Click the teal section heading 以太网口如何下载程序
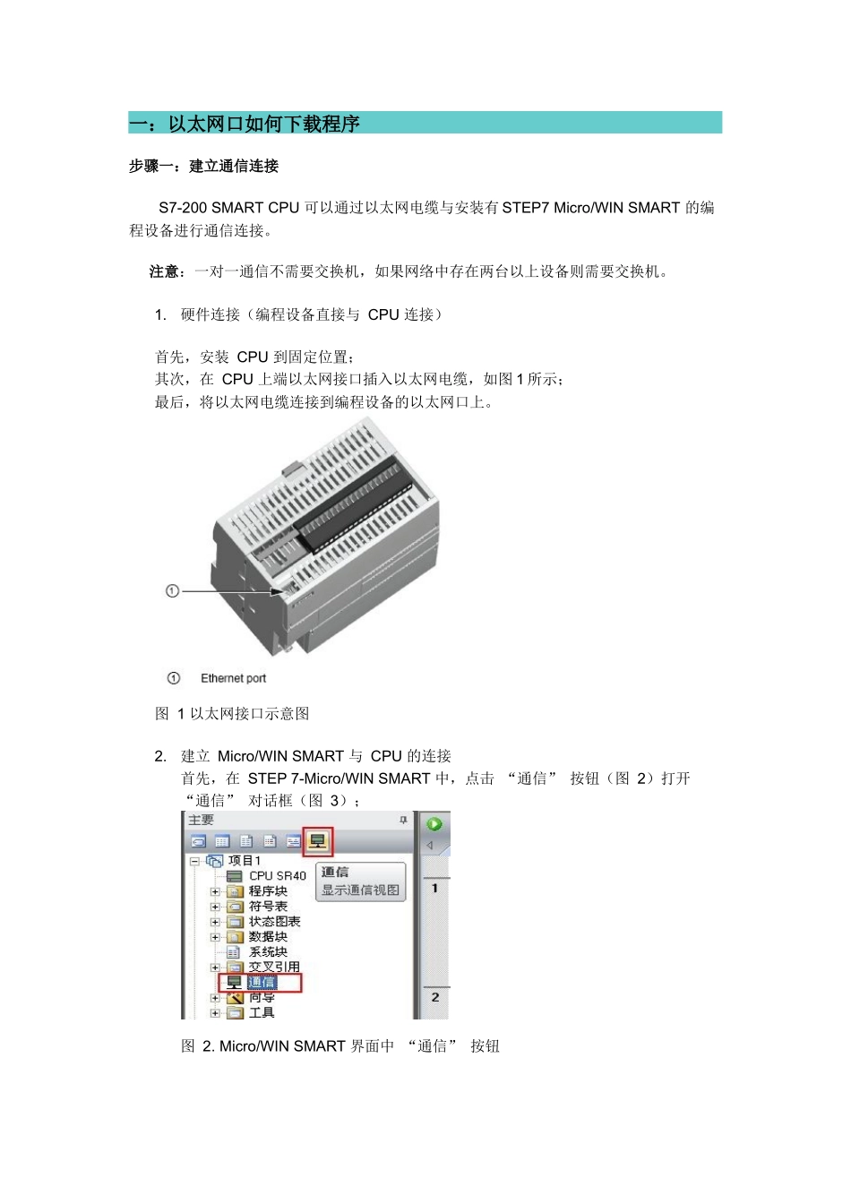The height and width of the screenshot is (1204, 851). click(x=264, y=124)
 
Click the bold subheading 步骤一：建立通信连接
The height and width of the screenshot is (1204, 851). click(x=203, y=166)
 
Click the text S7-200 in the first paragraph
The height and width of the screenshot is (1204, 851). click(x=183, y=208)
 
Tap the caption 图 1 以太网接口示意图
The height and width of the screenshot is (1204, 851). click(x=232, y=714)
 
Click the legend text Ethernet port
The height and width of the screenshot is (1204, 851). click(x=233, y=678)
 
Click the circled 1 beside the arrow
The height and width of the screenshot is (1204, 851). click(x=173, y=591)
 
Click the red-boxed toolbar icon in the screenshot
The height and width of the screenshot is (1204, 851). click(x=317, y=841)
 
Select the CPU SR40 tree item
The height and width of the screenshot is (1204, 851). click(x=277, y=875)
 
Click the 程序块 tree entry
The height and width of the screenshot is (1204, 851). click(x=268, y=891)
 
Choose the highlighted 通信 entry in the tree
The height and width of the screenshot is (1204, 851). click(x=262, y=983)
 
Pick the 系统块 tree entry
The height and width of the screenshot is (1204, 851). click(x=268, y=952)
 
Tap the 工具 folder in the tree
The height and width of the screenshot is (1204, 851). click(x=262, y=1013)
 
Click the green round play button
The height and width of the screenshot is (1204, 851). click(x=434, y=824)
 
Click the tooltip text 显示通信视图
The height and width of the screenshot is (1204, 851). click(x=360, y=890)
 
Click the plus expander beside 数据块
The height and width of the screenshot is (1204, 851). click(x=215, y=937)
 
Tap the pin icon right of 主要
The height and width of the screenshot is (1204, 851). click(x=403, y=821)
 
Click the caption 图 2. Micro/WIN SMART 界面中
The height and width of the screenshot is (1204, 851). click(x=288, y=1046)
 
